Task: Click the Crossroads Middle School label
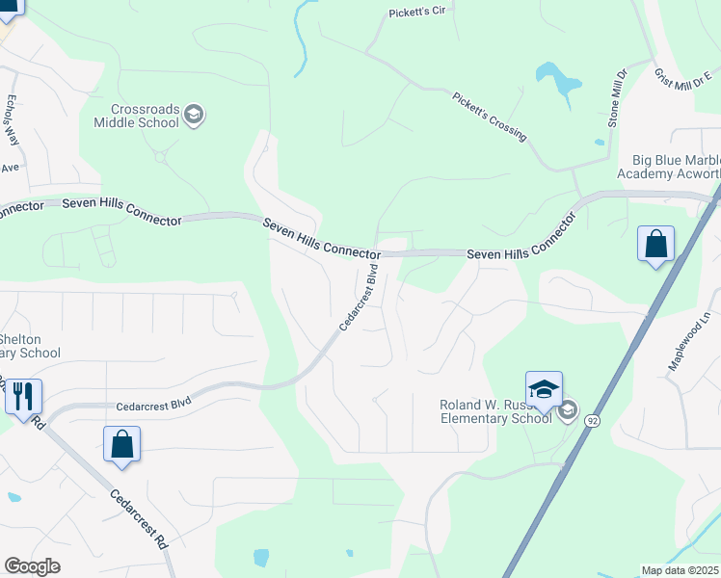137,116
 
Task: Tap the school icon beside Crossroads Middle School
194,116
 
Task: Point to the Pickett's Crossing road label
490,116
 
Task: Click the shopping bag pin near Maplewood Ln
655,245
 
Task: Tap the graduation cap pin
544,389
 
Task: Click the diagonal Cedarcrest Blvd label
357,299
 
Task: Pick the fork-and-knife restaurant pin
23,395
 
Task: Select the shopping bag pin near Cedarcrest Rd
121,445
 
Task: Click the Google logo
32,566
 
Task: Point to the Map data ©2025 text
681,570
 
